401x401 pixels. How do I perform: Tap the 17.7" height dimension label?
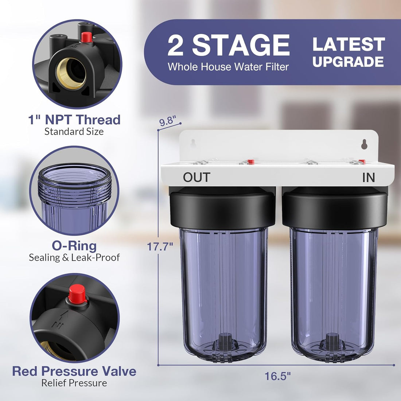point(160,247)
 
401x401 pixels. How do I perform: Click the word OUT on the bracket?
point(196,177)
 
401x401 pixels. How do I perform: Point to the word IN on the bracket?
point(369,177)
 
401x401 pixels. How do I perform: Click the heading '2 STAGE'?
point(229,46)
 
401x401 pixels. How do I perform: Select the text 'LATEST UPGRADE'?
point(349,52)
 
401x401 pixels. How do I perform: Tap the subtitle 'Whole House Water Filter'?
point(228,67)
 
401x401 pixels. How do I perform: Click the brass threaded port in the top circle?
point(71,73)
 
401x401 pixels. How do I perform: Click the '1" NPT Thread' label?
point(74,120)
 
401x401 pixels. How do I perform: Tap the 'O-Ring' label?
point(74,246)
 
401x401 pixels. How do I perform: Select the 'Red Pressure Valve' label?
point(74,371)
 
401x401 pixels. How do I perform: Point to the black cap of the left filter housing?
point(222,210)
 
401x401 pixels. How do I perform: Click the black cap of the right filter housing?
point(334,210)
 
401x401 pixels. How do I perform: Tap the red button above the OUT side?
point(250,161)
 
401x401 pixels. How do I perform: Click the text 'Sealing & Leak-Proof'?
point(74,257)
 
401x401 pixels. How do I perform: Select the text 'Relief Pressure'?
point(74,383)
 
